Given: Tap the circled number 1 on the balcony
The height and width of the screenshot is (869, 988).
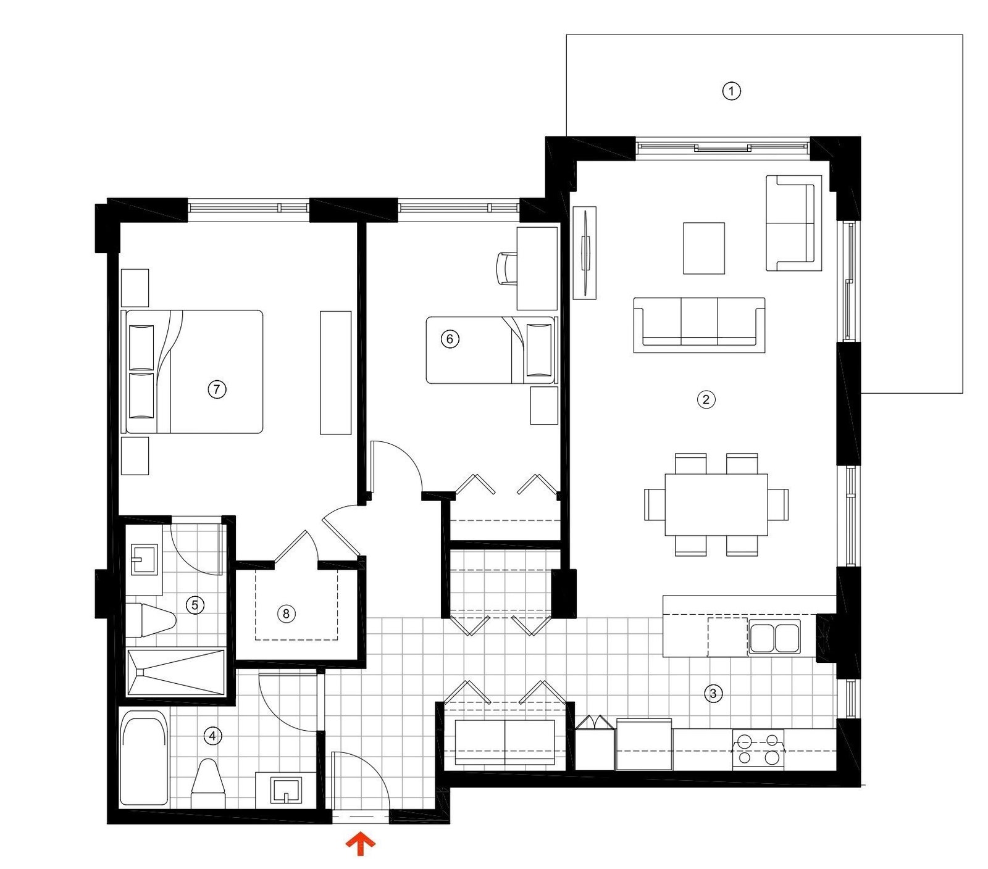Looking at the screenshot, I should point(731,91).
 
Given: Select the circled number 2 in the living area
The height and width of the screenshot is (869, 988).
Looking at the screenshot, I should point(706,399).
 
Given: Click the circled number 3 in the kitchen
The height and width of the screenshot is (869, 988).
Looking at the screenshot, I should point(713,693).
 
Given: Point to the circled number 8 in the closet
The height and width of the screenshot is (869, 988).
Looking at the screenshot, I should point(285,613).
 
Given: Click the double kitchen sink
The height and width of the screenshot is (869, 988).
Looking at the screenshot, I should point(774,637).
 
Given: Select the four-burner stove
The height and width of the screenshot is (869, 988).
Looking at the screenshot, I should point(758,749).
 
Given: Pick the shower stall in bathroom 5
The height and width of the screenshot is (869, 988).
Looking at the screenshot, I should point(176,672).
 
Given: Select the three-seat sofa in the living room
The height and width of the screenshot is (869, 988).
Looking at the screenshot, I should point(699,325).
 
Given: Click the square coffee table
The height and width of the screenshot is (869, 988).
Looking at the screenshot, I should point(703,248).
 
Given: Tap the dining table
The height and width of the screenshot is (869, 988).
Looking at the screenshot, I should point(716,504).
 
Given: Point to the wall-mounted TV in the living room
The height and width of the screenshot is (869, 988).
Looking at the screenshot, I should point(584,253).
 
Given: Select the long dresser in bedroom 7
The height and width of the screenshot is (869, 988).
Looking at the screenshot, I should point(335,372).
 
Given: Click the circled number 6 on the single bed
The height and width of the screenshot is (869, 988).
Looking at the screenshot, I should point(450,339).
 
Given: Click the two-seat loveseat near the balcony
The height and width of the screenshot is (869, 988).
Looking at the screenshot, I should point(793,223).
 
